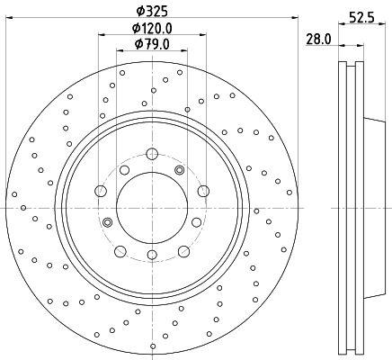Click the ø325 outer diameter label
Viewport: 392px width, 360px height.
point(151,12)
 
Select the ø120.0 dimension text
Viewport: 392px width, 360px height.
point(152,29)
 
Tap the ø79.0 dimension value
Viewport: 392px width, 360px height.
point(152,44)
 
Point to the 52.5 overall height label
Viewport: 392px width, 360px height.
point(361,17)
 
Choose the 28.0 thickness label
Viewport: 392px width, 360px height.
point(318,40)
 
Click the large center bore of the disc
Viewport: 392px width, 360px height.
point(152,208)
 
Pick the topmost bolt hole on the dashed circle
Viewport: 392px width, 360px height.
point(152,154)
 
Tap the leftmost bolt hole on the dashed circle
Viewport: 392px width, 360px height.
point(101,191)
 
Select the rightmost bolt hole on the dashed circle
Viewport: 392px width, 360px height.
point(203,191)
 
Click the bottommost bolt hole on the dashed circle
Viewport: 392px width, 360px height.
point(152,255)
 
